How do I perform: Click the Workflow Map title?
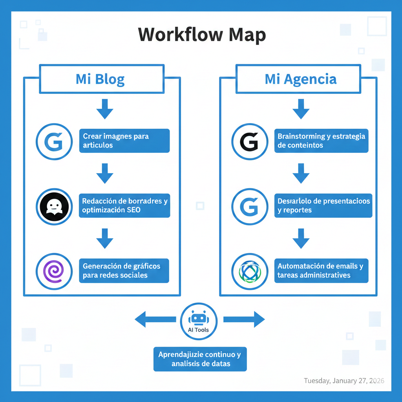(202, 35)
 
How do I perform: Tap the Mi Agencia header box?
(301, 79)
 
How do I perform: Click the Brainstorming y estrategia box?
(321, 141)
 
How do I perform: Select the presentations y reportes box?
(323, 205)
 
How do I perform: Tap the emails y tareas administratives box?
(321, 270)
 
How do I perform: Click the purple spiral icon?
(54, 271)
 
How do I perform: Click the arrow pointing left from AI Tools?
(155, 320)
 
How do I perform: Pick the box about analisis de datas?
(200, 359)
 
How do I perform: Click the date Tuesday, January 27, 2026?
(344, 381)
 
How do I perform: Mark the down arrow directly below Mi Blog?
(104, 109)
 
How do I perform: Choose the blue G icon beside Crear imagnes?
(54, 142)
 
